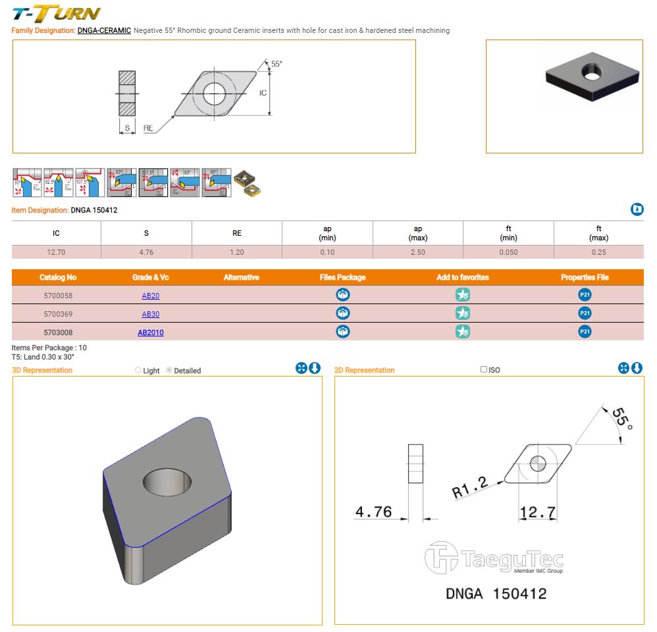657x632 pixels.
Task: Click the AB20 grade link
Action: pyautogui.click(x=150, y=296)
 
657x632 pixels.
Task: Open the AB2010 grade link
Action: pyautogui.click(x=150, y=333)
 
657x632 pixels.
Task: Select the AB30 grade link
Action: pyautogui.click(x=150, y=315)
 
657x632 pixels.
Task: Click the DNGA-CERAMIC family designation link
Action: pyautogui.click(x=104, y=31)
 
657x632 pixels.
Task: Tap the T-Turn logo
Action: pyautogui.click(x=57, y=13)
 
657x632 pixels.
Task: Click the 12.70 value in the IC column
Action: pyautogui.click(x=56, y=252)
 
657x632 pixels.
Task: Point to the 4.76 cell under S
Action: pyautogui.click(x=146, y=252)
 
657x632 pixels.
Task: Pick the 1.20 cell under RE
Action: pyautogui.click(x=237, y=252)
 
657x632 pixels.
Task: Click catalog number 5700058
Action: pyautogui.click(x=57, y=296)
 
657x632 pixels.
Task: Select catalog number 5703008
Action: pyautogui.click(x=57, y=333)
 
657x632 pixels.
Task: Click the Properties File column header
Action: pyautogui.click(x=585, y=278)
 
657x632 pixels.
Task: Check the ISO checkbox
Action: pyautogui.click(x=484, y=369)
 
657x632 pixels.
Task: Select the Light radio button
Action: pyautogui.click(x=138, y=371)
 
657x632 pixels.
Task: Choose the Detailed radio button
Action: pyautogui.click(x=169, y=371)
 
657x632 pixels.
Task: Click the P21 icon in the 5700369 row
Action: pyautogui.click(x=585, y=313)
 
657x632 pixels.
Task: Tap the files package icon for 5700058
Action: pyautogui.click(x=343, y=295)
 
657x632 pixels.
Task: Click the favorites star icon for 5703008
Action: pyautogui.click(x=463, y=332)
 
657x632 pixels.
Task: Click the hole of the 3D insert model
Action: pyautogui.click(x=168, y=481)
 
